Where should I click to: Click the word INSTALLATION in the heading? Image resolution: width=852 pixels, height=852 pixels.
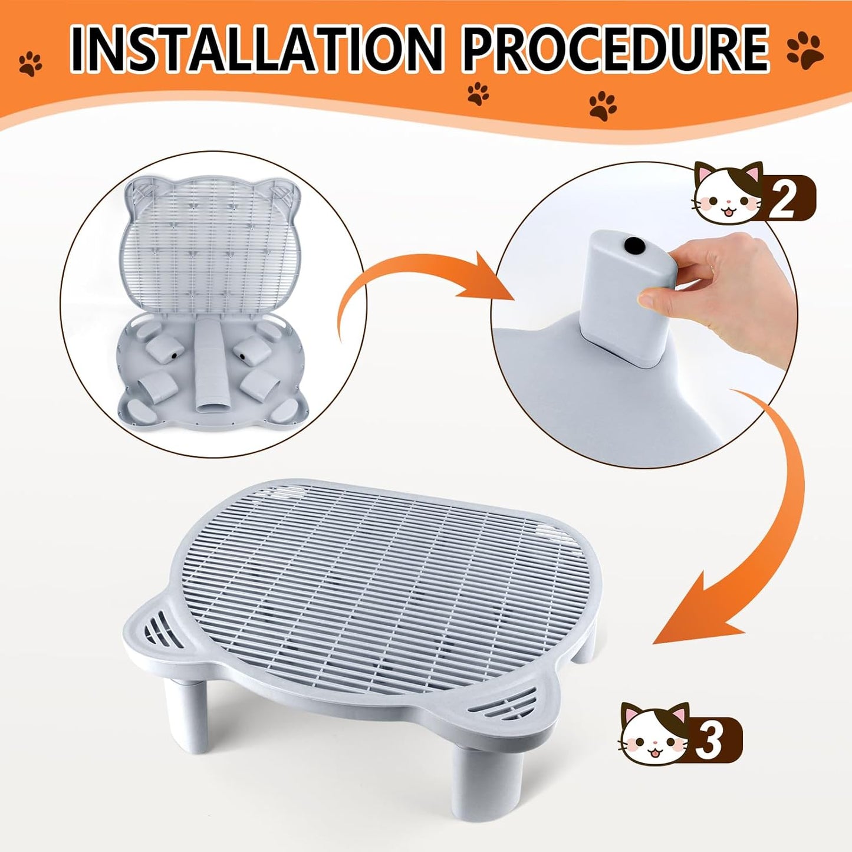tap(256, 50)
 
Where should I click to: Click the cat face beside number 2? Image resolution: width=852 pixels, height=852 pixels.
tap(728, 195)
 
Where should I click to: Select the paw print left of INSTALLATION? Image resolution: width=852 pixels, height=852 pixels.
tap(31, 63)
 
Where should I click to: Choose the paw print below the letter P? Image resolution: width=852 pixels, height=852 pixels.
tap(478, 93)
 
